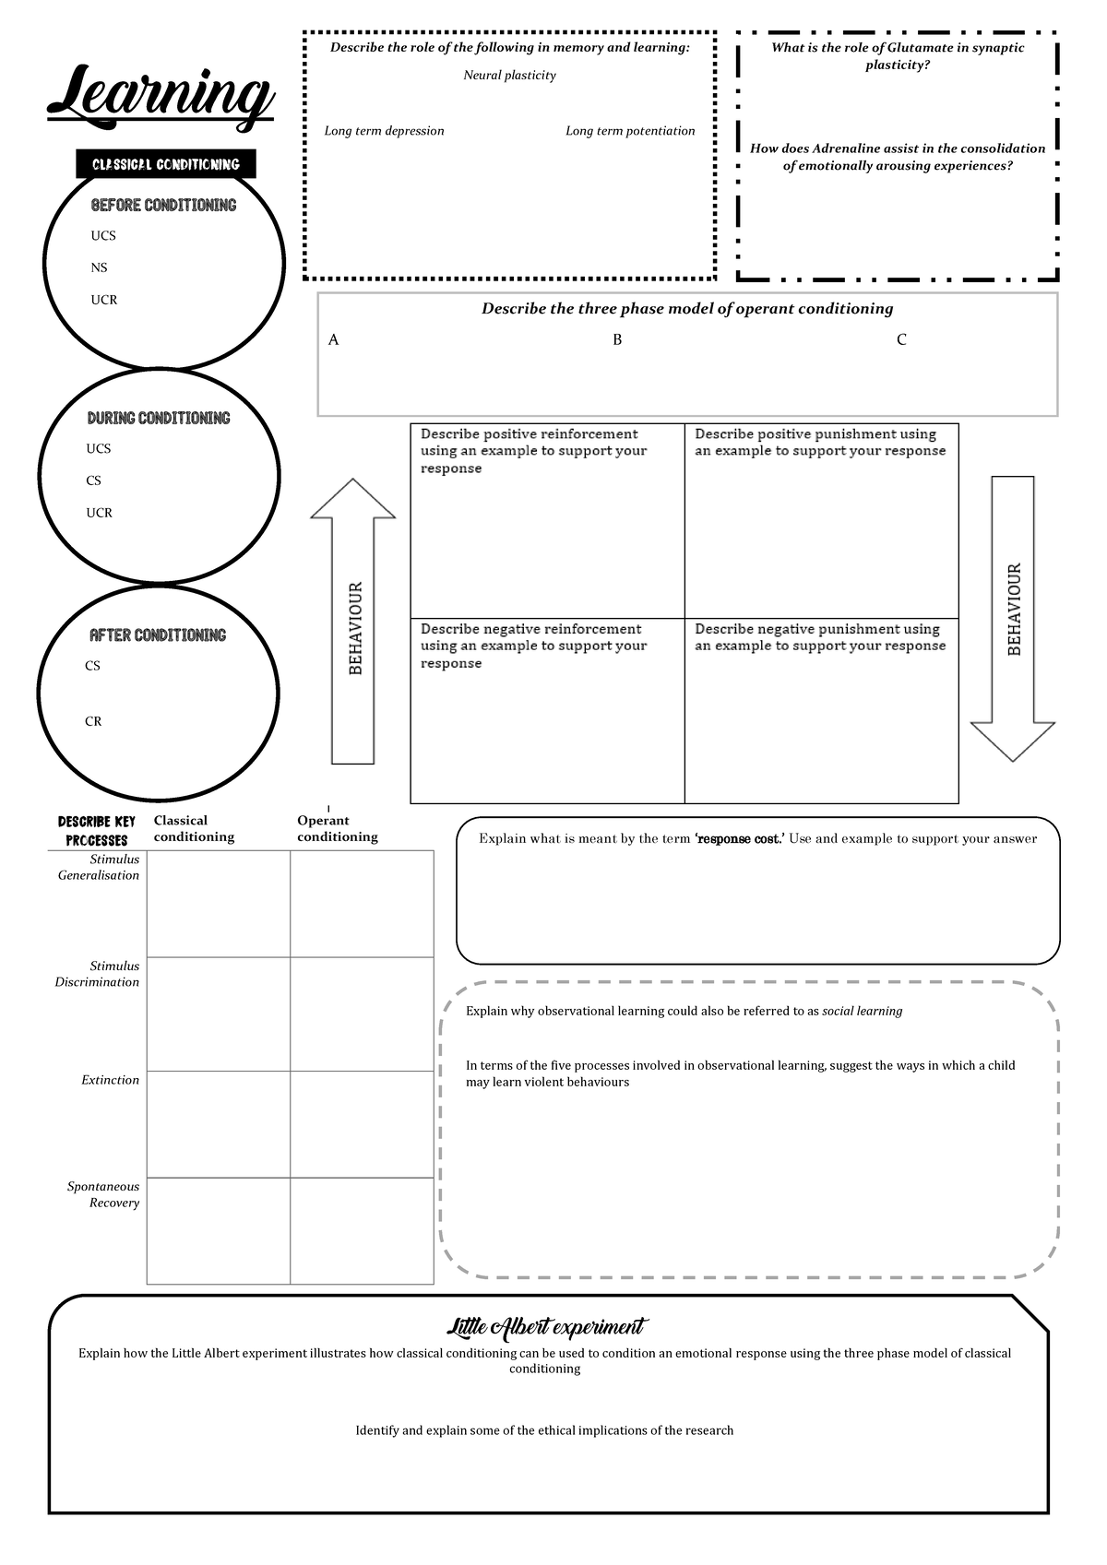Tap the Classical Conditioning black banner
pyautogui.click(x=166, y=164)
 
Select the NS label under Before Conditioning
pyautogui.click(x=99, y=267)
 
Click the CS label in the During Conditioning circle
pyautogui.click(x=93, y=480)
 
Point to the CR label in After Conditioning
pyautogui.click(x=93, y=721)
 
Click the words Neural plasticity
pyautogui.click(x=509, y=76)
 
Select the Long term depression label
pyautogui.click(x=384, y=131)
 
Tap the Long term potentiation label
pyautogui.click(x=630, y=131)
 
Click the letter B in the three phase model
pyautogui.click(x=617, y=339)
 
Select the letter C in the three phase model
pyautogui.click(x=901, y=339)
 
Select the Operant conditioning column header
pyautogui.click(x=337, y=828)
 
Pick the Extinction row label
pyautogui.click(x=110, y=1080)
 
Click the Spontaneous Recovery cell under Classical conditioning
pyautogui.click(x=219, y=1230)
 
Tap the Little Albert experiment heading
pyautogui.click(x=547, y=1327)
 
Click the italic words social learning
pyautogui.click(x=862, y=1011)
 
